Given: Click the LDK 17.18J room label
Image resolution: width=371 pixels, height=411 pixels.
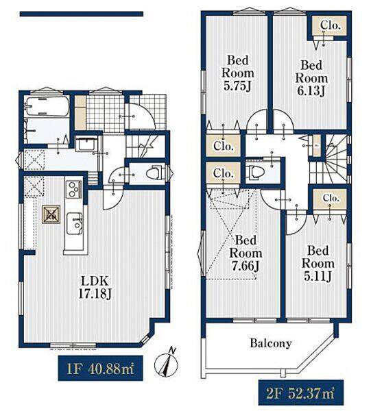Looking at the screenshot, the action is (95, 288).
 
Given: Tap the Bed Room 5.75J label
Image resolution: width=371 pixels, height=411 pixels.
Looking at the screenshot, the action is (238, 73).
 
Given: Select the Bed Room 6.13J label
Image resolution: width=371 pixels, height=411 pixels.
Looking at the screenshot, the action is (311, 78).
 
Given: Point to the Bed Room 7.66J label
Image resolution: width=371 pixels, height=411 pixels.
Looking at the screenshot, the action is (246, 253).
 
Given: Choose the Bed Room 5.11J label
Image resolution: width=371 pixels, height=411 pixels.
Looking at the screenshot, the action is (318, 263).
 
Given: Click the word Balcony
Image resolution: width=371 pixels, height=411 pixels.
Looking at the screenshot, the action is (271, 343).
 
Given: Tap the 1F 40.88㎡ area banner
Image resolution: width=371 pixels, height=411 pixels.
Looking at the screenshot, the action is (100, 368).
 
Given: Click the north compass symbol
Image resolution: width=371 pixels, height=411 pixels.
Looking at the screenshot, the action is (166, 364).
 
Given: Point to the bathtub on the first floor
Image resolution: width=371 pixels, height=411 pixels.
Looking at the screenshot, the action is (48, 106).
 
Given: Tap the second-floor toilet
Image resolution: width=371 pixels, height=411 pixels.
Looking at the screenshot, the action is (253, 173).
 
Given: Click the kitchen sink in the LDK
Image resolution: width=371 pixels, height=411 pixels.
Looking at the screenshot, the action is (75, 223).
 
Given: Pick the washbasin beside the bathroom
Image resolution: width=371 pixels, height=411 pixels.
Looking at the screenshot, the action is (86, 144).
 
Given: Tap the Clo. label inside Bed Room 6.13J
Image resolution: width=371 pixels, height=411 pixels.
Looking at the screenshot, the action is (331, 25).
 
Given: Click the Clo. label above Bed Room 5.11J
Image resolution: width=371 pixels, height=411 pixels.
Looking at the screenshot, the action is (331, 198).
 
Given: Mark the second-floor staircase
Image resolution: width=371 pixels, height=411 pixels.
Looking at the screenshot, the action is (335, 160).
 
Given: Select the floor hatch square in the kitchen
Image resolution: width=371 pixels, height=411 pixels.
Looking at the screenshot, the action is (51, 214).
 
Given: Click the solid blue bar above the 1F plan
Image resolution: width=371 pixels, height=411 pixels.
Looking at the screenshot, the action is (82, 14).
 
